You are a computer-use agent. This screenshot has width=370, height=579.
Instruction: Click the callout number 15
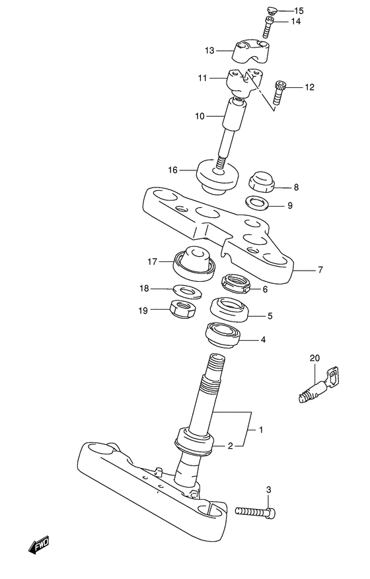coord(299,11)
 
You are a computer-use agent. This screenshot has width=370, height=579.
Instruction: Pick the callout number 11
coord(203,78)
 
